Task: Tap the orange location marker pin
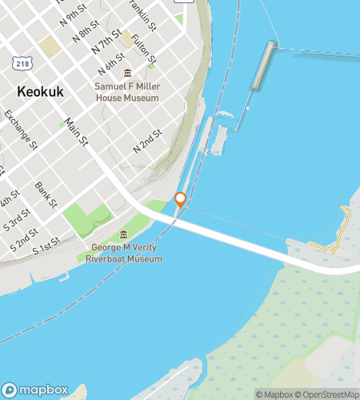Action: pos(181,200)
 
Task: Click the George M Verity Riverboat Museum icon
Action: pos(123,234)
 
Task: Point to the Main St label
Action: pos(77,133)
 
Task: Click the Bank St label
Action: pos(46,194)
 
